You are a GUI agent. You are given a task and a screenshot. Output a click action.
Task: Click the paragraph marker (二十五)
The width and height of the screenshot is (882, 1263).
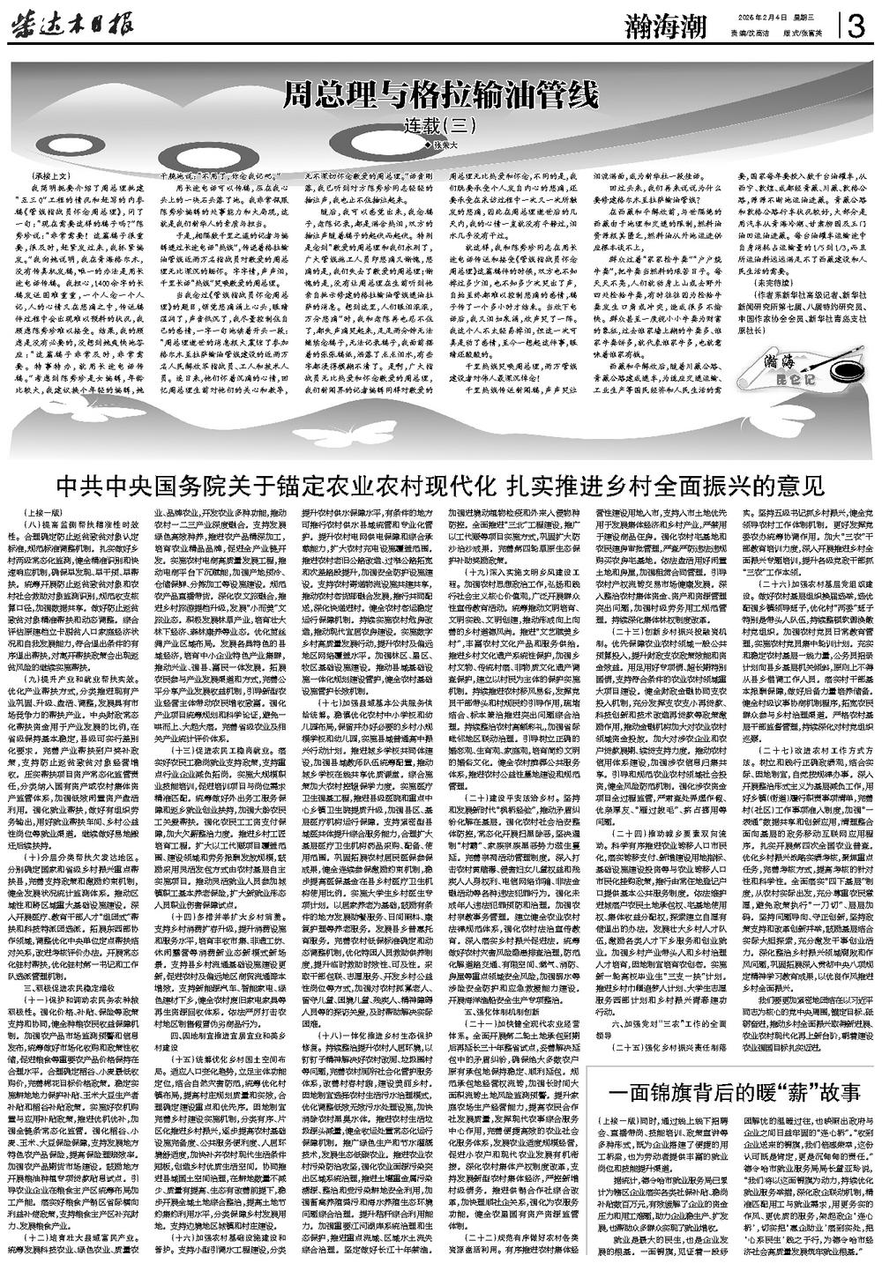[617, 1043]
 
